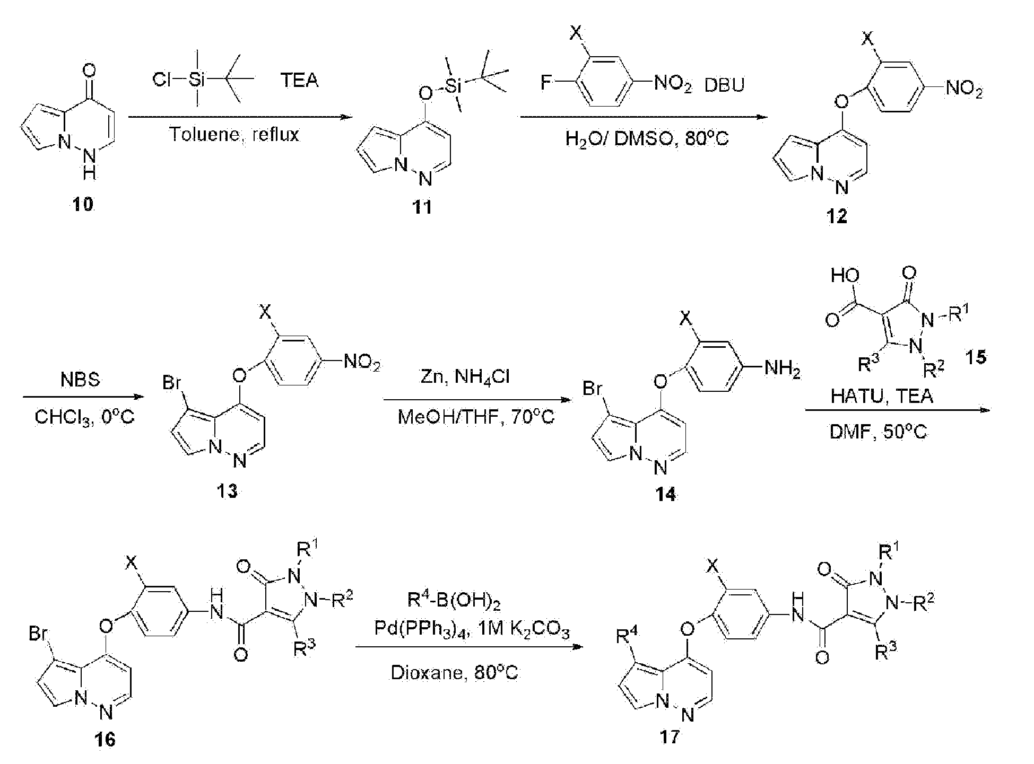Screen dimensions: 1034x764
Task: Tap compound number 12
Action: (837, 216)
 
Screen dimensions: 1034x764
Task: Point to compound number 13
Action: (227, 491)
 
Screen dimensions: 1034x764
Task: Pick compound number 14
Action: (666, 494)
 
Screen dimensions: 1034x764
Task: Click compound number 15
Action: (976, 357)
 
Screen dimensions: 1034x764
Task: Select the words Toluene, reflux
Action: (234, 135)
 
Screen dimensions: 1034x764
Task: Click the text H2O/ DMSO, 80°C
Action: (647, 139)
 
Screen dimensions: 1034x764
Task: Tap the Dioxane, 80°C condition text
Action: (454, 673)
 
